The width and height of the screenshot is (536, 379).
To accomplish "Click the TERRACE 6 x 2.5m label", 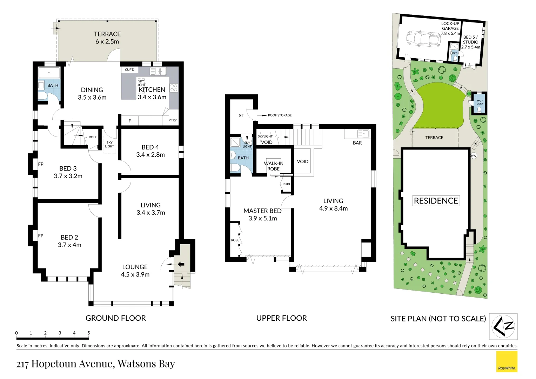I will coord(107,38).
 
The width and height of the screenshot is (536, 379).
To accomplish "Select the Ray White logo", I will coord(507,361).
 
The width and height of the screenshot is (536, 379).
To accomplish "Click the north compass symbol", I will coord(503,326).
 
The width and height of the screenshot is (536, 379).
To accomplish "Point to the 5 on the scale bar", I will coord(89,333).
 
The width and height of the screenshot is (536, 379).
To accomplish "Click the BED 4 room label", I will coord(150,151).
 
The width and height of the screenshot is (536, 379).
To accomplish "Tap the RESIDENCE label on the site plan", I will coord(436,201).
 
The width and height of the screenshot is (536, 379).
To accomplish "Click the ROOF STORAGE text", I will coord(280,115).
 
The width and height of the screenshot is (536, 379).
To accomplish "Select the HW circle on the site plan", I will coord(474,155).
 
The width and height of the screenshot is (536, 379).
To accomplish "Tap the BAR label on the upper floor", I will coord(357,143).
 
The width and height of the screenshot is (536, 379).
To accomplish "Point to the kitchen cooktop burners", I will coord(174,88).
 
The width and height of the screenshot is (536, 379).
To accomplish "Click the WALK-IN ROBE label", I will coord(274,166).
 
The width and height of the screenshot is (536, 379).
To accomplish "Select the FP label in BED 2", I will coord(41,236).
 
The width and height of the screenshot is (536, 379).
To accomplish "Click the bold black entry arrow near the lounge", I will coord(181,264).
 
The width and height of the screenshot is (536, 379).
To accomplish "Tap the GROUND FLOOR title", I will coord(116,318).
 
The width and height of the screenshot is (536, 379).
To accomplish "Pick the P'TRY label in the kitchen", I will coord(173,120).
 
